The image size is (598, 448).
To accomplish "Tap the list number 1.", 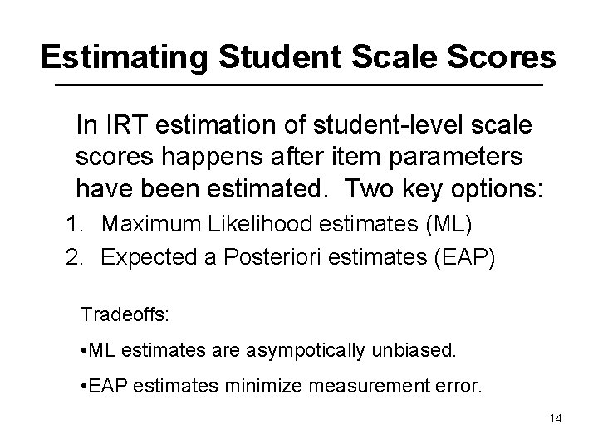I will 74,224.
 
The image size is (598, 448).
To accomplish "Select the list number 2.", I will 74,256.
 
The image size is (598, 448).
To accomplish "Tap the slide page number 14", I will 556,419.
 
